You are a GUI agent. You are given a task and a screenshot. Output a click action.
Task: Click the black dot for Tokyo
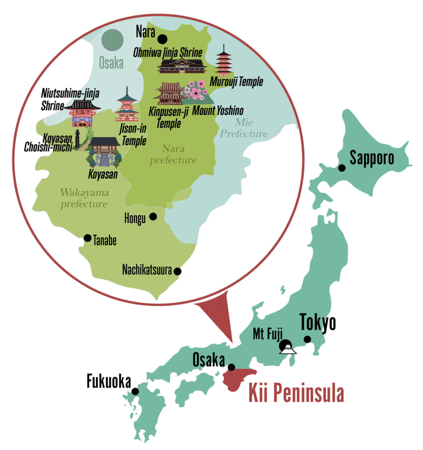point(307,339)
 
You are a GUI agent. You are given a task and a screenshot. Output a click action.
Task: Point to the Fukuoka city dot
point(135,391)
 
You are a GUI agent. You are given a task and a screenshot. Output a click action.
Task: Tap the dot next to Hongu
point(153,216)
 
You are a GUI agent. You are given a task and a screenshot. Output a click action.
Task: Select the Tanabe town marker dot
point(88,238)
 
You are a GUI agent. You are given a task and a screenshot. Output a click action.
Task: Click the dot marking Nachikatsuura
point(178,271)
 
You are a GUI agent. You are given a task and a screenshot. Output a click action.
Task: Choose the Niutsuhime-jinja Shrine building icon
point(83,113)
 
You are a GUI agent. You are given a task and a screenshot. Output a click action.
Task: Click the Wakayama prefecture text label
point(84,198)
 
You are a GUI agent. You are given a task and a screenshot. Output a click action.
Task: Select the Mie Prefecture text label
point(244,127)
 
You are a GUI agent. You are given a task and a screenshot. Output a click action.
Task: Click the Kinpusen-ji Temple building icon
point(169,93)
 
